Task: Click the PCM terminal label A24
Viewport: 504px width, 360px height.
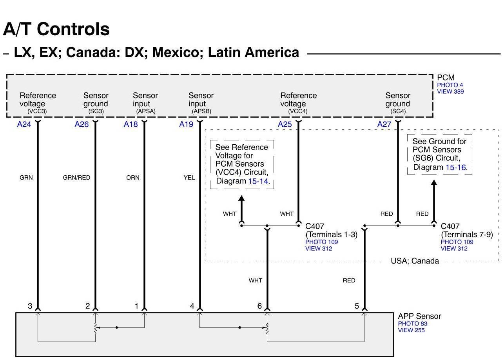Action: click(x=24, y=124)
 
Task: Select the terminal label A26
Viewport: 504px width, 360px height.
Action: click(x=82, y=124)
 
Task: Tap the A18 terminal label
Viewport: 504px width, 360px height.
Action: click(x=131, y=124)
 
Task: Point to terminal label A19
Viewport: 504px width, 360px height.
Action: click(x=186, y=124)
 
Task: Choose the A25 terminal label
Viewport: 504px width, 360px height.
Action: click(x=285, y=124)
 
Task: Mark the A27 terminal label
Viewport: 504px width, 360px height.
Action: click(x=384, y=124)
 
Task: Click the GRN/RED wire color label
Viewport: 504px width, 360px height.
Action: click(x=76, y=178)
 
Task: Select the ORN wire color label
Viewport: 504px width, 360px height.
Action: click(x=132, y=178)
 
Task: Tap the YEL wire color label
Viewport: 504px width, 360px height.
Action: click(x=189, y=178)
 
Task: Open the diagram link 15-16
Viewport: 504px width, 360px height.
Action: click(x=456, y=167)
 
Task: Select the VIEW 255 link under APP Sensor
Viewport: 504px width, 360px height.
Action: click(x=411, y=330)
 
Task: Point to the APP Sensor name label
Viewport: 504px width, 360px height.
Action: click(x=419, y=316)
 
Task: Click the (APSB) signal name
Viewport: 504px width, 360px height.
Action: click(x=201, y=111)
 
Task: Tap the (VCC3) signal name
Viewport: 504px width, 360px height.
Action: click(x=37, y=111)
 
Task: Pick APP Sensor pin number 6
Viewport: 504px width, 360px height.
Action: click(x=259, y=306)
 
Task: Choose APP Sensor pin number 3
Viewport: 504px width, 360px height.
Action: click(x=30, y=306)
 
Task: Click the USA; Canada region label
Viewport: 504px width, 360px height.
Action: click(x=415, y=261)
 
